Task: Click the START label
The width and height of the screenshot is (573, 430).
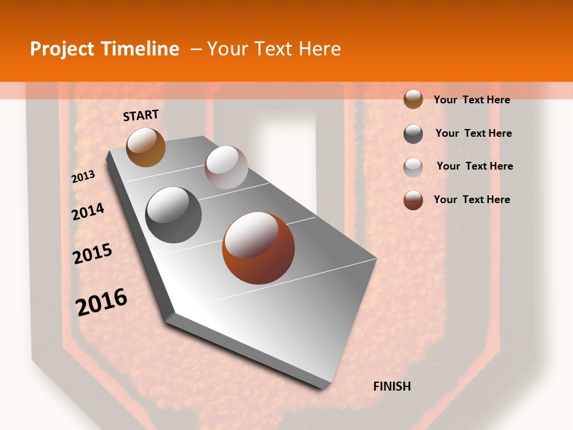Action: pos(141,115)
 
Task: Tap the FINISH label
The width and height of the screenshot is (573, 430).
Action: pos(392,386)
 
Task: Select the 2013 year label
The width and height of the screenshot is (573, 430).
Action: pos(84,176)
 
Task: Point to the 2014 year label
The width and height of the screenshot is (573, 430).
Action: pos(88,211)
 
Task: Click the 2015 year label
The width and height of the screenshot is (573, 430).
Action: pos(93,254)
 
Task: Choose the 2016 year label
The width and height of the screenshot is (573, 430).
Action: pos(101,302)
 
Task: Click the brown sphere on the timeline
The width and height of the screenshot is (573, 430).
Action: pos(146,147)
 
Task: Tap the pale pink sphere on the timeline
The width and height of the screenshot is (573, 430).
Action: pos(226,167)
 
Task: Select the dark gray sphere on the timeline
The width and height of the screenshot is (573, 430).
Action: pos(174,214)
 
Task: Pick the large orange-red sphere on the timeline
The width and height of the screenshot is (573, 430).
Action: pos(258,248)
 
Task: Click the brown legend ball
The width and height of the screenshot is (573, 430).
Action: pos(413,100)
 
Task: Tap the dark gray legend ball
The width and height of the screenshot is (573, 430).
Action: pos(413,134)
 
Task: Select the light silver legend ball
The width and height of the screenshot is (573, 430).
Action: pos(413,167)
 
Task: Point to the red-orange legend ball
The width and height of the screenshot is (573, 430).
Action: pos(413,200)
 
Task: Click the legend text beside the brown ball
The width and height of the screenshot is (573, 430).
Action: pos(472,100)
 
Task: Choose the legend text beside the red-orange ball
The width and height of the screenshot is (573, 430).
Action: pos(472,199)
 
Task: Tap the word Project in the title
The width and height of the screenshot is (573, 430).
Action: pos(63,49)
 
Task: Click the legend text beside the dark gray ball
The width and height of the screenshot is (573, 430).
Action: pos(473,133)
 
